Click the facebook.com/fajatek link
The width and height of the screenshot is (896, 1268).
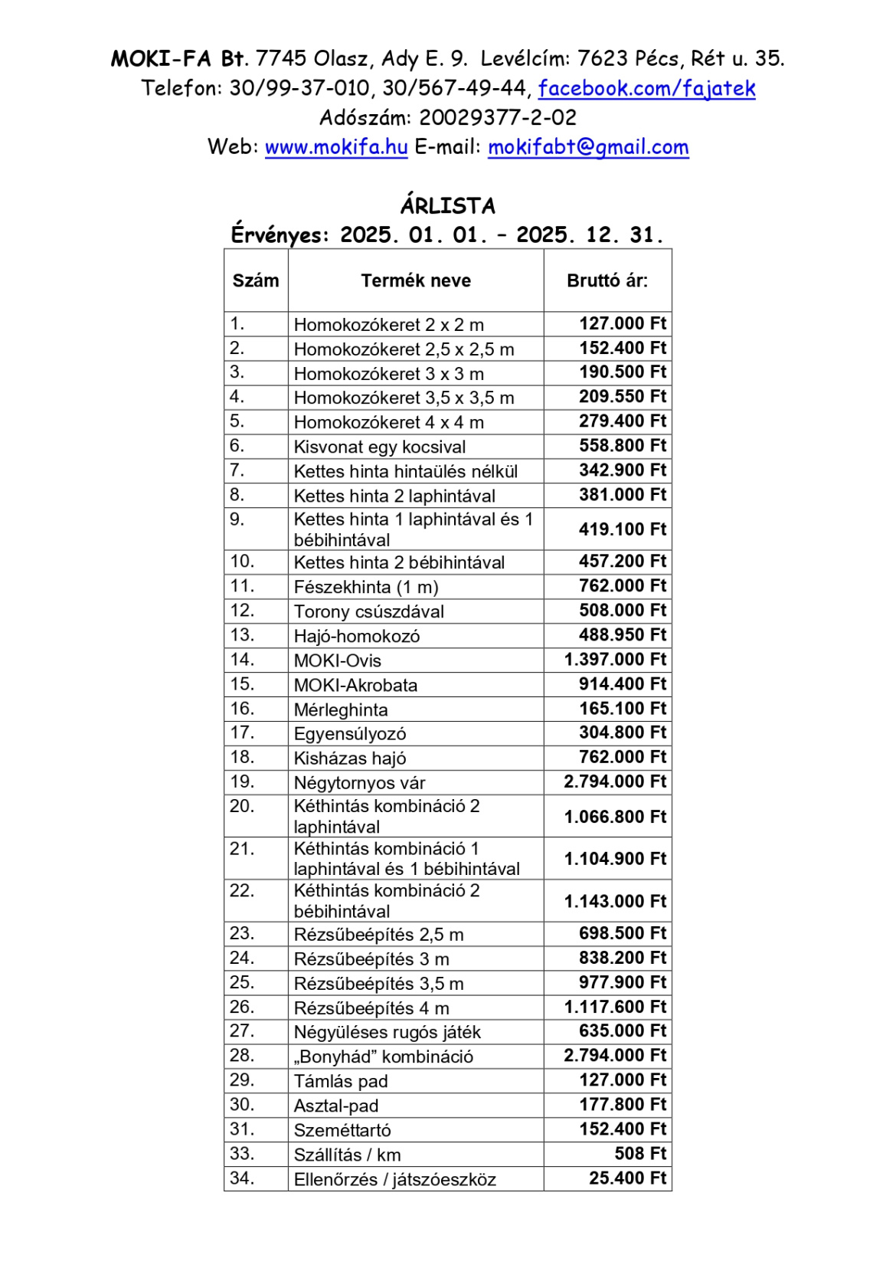point(646,89)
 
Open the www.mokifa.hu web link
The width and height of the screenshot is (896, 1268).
point(335,147)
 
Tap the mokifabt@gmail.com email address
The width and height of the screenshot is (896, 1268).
point(588,147)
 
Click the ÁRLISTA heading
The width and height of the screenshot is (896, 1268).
point(448,206)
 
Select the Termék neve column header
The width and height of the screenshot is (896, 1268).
point(416,280)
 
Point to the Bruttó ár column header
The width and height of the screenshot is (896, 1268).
point(607,280)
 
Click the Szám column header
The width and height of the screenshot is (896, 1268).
point(256,280)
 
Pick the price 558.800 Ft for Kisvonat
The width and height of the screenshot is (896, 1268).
point(623,446)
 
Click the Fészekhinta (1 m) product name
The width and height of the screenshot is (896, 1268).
point(366,588)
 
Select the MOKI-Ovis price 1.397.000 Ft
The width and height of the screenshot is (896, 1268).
point(615,660)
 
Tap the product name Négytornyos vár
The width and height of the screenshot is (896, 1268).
point(359,783)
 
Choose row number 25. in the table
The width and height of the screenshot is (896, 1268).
point(242,982)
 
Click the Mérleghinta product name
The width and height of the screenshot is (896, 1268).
point(341,710)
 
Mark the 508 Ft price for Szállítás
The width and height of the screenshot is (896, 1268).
point(640,1154)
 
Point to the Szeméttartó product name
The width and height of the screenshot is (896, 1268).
point(342,1130)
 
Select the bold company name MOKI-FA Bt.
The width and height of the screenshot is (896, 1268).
point(179,59)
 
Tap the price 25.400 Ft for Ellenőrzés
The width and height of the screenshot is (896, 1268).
point(627,1178)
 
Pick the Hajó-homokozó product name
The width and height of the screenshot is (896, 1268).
point(357,636)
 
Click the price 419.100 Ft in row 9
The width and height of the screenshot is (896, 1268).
point(623,529)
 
